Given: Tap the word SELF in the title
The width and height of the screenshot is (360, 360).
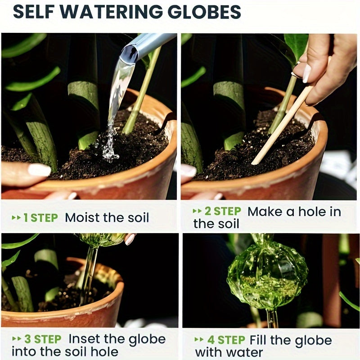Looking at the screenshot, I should (x=34, y=12).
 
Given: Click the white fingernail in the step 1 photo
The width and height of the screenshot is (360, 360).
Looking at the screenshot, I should (x=39, y=170).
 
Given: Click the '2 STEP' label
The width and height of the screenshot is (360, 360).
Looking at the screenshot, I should (x=221, y=211).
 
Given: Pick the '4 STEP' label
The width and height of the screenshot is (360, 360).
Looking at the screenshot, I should (x=225, y=340).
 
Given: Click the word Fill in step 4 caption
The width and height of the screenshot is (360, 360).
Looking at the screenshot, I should (x=258, y=340).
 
